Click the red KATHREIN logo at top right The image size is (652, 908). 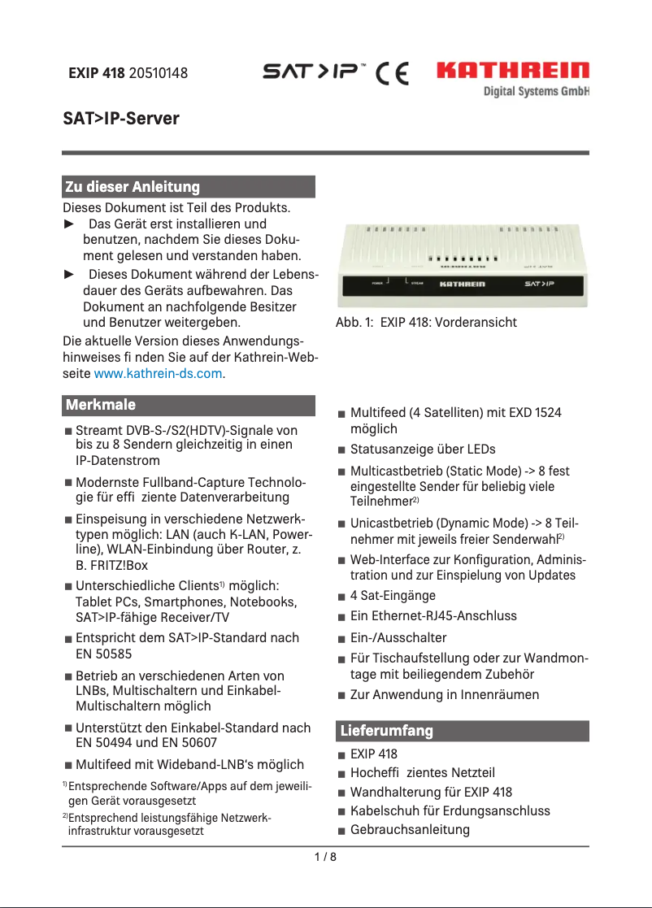click(513, 71)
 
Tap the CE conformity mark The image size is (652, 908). click(392, 73)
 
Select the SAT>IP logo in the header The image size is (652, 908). click(317, 72)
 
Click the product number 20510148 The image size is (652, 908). click(159, 73)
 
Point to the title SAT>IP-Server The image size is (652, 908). click(121, 119)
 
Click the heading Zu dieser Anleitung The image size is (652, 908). click(132, 187)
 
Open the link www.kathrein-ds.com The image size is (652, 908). click(159, 374)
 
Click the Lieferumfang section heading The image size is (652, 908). click(386, 731)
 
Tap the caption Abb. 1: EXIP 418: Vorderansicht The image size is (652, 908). click(426, 323)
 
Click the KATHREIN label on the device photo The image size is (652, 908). click(462, 285)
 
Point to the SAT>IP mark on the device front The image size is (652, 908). click(539, 285)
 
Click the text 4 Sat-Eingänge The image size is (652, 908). click(393, 595)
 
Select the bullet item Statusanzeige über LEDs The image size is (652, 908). click(422, 449)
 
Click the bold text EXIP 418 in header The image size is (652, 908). click(96, 73)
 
